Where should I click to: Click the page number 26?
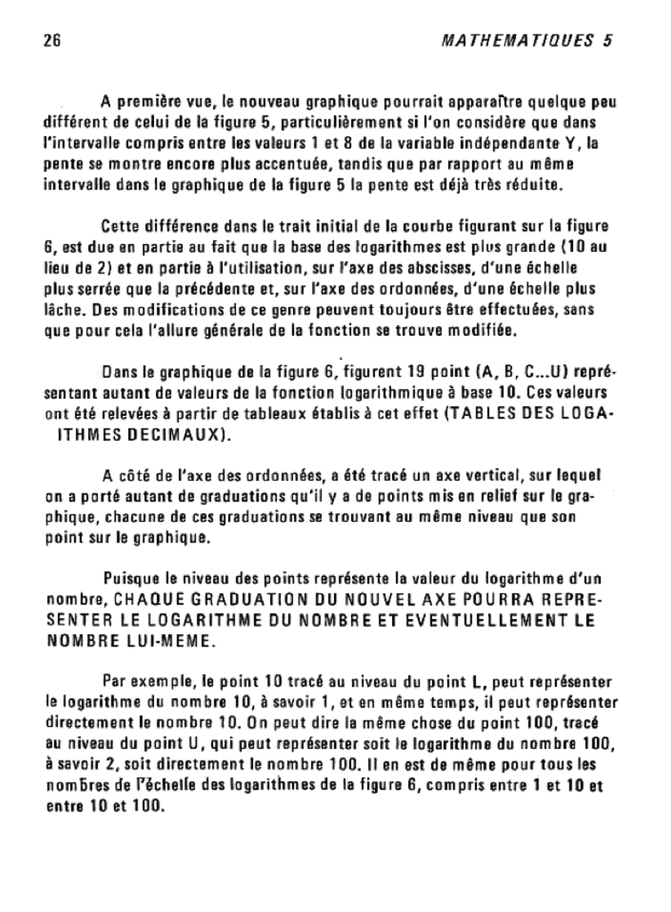(50, 41)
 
